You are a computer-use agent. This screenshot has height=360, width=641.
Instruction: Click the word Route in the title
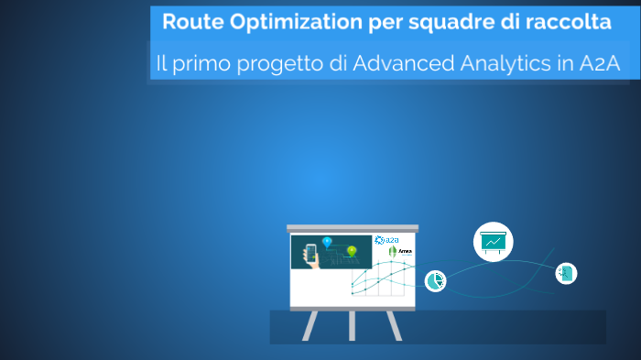189,21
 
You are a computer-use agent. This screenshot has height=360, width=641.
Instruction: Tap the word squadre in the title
432,22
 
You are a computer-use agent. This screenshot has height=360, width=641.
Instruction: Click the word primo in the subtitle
202,64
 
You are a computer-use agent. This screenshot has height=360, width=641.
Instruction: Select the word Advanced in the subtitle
402,64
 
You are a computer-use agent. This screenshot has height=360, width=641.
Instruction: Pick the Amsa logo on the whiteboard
400,252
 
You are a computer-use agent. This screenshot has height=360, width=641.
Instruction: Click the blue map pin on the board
327,242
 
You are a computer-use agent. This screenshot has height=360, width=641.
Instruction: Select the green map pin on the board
352,250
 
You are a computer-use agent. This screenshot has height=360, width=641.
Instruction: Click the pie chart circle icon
435,281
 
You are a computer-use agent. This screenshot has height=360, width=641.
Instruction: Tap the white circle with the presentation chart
493,242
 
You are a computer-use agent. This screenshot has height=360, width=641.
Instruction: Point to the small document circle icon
566,273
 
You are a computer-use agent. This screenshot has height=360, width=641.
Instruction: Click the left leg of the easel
310,325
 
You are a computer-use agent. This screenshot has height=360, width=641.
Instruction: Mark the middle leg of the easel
352,324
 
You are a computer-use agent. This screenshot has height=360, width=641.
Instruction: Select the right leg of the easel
394,325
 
